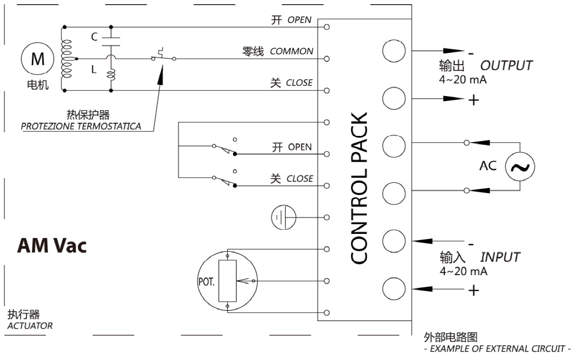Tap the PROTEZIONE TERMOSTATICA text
tap(81, 127)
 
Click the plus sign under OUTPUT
tap(473, 100)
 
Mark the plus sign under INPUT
tap(473, 291)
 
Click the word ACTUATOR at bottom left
tap(30, 325)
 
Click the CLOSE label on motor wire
tap(299, 83)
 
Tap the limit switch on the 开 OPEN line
tap(224, 150)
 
